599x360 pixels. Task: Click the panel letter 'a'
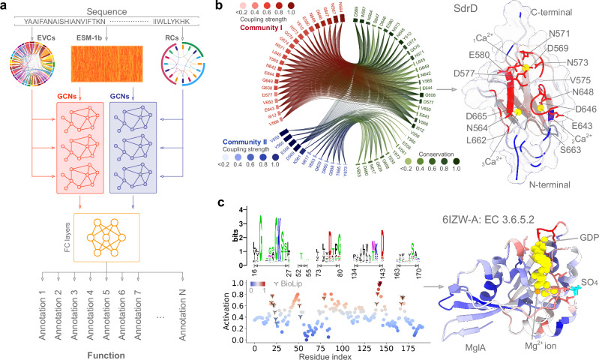[x=5, y=6]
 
